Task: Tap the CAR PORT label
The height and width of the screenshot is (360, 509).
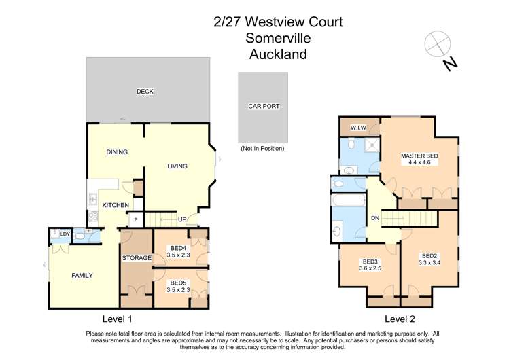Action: tap(264, 107)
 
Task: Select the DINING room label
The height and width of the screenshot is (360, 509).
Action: tap(117, 152)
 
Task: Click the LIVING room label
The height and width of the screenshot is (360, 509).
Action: tap(177, 166)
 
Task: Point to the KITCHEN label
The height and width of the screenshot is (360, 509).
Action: tap(116, 204)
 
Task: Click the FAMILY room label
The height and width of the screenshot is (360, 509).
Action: tap(82, 275)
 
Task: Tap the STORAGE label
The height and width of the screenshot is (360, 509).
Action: tap(137, 258)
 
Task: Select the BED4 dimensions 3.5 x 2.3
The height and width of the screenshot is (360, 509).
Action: tap(178, 256)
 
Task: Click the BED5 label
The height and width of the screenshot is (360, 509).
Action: tap(178, 283)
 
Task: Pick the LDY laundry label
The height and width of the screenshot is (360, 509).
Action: tap(65, 234)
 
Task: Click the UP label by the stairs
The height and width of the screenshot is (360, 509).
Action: tap(182, 219)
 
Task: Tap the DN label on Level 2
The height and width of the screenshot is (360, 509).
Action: tap(374, 218)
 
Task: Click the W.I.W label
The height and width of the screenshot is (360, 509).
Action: tap(359, 128)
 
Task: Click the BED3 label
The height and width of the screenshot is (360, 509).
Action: tap(370, 262)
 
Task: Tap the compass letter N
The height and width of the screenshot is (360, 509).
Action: tap(449, 64)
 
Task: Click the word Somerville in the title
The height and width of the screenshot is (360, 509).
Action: tap(278, 38)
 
